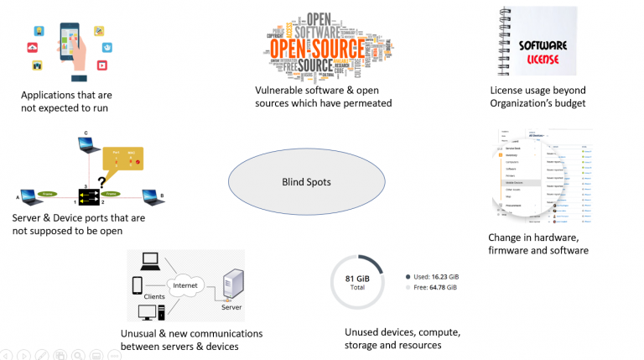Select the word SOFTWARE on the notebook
pos(543,44)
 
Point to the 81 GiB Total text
pos(356,282)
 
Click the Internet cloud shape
pos(185,285)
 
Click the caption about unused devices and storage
pos(392,338)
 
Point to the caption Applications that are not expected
pos(66,101)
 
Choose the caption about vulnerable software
pos(324,96)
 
